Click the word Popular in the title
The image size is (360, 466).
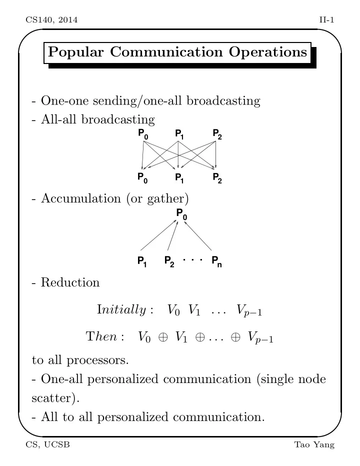click(76, 52)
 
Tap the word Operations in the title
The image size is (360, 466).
click(268, 52)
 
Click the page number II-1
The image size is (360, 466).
click(326, 20)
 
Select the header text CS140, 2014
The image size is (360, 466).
click(51, 20)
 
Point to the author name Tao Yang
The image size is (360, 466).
click(314, 445)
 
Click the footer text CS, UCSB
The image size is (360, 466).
click(48, 444)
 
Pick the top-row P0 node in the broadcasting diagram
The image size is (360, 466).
click(143, 134)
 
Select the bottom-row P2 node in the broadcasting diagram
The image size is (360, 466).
click(217, 178)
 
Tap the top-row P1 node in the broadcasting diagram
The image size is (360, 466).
click(179, 134)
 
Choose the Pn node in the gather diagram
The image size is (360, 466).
click(216, 261)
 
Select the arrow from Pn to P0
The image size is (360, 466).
click(198, 235)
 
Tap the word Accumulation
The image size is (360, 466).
click(81, 198)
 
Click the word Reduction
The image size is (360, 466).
click(70, 282)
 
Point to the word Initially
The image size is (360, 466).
click(121, 309)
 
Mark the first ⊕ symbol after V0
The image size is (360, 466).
click(163, 337)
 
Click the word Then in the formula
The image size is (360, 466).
click(101, 336)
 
